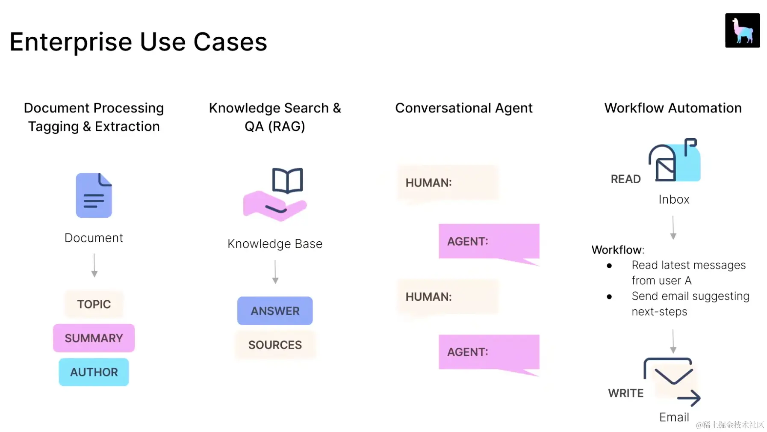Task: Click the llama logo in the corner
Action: pos(742,30)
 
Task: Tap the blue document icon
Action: pos(94,195)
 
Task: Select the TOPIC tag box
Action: pos(94,304)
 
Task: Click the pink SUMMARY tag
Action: pos(94,338)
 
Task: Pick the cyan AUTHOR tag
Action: pos(94,372)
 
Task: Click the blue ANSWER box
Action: pos(274,311)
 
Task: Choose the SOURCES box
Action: pos(274,345)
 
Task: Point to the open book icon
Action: pos(287,180)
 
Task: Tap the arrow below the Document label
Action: pos(94,265)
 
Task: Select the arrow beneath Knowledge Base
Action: pos(275,272)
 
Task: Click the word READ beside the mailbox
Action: pos(625,179)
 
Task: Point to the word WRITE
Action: pos(625,393)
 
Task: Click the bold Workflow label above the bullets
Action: pos(617,250)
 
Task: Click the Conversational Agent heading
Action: pos(463,108)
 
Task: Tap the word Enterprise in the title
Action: pos(71,42)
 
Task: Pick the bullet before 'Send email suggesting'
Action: pos(609,296)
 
